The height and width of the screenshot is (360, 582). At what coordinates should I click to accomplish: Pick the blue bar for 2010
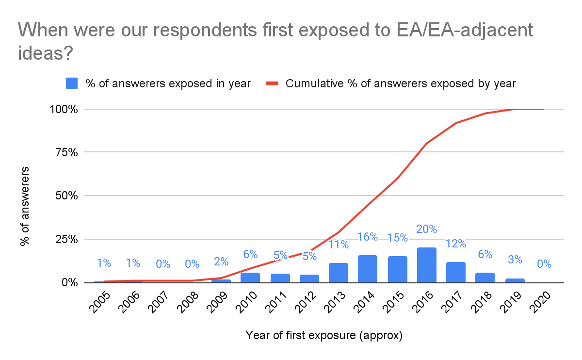(x=250, y=278)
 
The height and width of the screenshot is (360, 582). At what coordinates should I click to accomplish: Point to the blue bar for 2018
(x=485, y=278)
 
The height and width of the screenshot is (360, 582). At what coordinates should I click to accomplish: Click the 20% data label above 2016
(x=426, y=229)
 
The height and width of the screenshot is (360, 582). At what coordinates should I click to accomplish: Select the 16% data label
(x=368, y=237)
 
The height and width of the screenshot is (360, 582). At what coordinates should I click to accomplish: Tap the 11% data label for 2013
(x=338, y=244)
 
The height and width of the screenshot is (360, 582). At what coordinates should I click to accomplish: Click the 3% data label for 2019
(x=515, y=260)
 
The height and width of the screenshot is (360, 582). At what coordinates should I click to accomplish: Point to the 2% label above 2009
(x=221, y=262)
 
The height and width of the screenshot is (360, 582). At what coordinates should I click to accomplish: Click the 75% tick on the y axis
(x=65, y=152)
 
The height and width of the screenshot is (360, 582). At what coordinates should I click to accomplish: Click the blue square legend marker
(x=72, y=83)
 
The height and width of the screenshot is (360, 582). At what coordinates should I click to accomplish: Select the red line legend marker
(x=272, y=83)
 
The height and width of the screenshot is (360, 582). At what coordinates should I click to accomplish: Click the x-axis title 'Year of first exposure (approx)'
(x=324, y=335)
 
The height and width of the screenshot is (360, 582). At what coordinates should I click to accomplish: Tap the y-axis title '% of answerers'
(x=25, y=206)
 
